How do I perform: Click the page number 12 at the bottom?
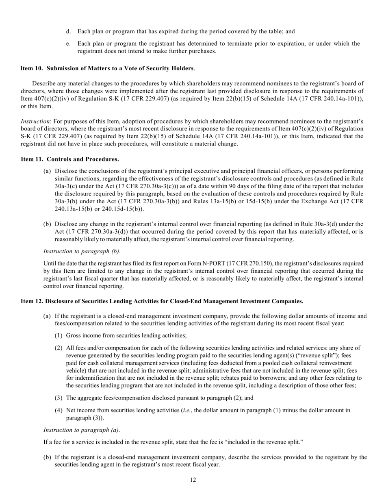193,480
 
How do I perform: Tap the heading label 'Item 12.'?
32,301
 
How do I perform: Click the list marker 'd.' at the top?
69,31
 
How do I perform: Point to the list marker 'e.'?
69,43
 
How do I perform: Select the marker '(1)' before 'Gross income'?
59,336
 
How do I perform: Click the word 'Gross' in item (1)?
74,336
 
